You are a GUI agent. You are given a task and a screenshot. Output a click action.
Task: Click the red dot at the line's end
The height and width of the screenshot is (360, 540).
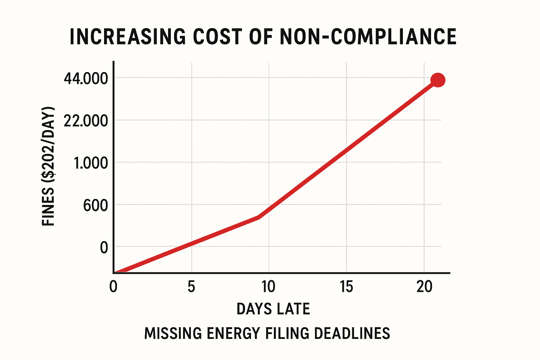[x=438, y=80]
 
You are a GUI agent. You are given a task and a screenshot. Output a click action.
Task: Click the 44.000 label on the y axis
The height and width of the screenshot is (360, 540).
[x=86, y=79]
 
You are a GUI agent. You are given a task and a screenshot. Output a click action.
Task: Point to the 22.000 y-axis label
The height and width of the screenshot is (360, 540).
[x=86, y=121]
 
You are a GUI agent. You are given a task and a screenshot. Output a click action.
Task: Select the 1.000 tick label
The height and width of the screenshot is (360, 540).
[x=91, y=163]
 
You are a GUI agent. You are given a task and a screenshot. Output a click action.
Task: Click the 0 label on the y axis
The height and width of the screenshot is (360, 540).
[x=104, y=248]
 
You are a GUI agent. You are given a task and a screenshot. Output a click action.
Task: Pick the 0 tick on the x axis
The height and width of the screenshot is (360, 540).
[x=113, y=287]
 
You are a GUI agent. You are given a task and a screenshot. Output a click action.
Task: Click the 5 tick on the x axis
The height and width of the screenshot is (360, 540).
[x=191, y=287]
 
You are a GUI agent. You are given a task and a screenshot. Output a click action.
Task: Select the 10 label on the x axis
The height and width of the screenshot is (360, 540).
[x=268, y=287]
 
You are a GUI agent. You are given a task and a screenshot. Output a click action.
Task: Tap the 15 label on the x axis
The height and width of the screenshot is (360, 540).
[x=346, y=287]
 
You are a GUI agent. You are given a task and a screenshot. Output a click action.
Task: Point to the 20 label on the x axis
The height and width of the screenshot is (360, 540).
[x=424, y=287]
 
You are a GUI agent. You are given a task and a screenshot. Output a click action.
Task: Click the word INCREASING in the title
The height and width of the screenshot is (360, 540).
[x=127, y=37]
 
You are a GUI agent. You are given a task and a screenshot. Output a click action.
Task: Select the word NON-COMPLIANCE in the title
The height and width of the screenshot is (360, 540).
[x=368, y=37]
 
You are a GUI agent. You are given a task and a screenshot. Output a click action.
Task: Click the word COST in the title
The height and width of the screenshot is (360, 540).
[x=218, y=37]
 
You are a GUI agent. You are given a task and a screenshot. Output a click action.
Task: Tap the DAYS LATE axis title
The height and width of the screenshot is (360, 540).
[x=273, y=309]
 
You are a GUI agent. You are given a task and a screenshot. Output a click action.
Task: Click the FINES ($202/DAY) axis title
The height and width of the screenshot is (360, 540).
[x=49, y=166]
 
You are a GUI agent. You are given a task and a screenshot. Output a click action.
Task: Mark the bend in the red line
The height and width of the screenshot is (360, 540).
[x=259, y=217]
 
